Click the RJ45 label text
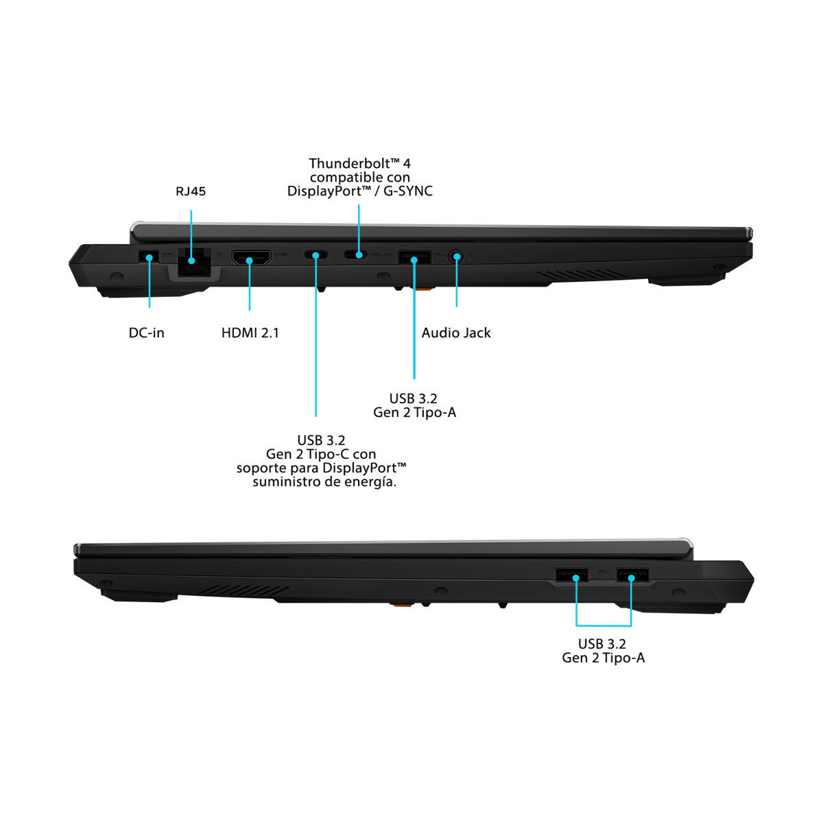tap(191, 191)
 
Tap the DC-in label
tap(147, 333)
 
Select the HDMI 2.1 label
tap(250, 333)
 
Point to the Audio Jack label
tap(456, 333)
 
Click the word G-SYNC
tap(407, 191)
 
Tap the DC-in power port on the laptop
tap(148, 257)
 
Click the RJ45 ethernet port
tap(192, 262)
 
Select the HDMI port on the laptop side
tap(251, 259)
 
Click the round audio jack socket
tap(456, 257)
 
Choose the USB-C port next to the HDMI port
tap(315, 256)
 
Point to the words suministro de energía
tap(324, 481)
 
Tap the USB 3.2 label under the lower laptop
tap(601, 644)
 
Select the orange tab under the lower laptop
tap(402, 604)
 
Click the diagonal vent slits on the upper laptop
tap(580, 275)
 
